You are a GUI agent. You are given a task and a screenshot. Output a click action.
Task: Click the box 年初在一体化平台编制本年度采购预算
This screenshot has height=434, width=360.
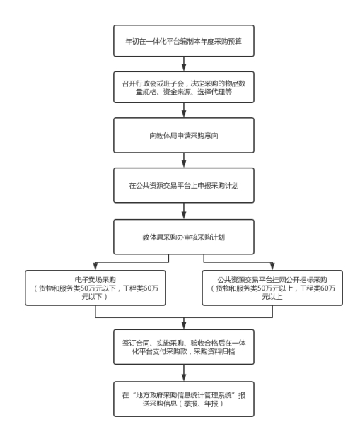click(x=184, y=41)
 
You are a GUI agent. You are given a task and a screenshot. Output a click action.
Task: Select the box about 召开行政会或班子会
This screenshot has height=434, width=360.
click(x=184, y=87)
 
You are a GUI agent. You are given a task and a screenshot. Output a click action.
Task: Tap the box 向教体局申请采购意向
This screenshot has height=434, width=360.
click(x=184, y=135)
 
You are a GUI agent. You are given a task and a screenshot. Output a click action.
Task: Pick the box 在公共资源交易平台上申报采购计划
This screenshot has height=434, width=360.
click(x=184, y=185)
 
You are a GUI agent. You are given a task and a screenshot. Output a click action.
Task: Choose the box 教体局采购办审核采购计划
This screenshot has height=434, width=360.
click(x=184, y=237)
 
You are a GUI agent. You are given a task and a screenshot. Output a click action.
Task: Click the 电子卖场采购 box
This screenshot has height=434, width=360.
click(x=95, y=288)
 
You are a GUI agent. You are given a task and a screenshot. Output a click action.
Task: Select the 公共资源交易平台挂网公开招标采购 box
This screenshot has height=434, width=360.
click(x=272, y=288)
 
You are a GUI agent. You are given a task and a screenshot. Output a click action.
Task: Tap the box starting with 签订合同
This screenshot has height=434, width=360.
click(x=184, y=347)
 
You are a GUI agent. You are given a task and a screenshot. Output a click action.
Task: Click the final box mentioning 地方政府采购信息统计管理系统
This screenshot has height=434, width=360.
click(x=184, y=399)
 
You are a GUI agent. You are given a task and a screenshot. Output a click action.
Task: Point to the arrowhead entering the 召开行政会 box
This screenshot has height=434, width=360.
click(x=184, y=68)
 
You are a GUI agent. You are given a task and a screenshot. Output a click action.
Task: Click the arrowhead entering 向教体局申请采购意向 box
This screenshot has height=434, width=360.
click(x=184, y=115)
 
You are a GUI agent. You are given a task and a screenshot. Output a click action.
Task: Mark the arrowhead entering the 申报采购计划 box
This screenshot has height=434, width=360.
click(x=184, y=164)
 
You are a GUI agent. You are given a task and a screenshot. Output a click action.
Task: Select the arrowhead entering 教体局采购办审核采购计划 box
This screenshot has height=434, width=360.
click(x=184, y=216)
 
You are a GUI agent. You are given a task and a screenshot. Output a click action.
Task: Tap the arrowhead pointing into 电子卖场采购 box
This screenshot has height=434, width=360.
click(x=95, y=266)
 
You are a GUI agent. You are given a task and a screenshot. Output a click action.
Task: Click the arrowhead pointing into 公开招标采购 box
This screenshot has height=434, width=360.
click(x=272, y=266)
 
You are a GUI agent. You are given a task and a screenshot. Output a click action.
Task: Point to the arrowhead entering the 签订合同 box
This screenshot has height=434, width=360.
click(x=184, y=326)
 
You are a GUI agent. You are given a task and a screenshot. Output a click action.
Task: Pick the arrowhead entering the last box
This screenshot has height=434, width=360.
click(x=184, y=378)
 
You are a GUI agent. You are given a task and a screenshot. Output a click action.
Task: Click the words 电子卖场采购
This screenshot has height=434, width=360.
click(x=95, y=279)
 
